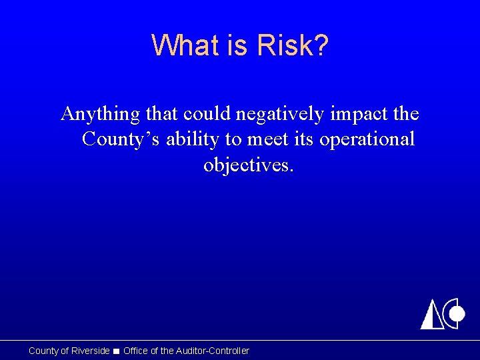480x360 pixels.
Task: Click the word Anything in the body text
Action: point(101,115)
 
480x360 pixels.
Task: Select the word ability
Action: point(190,139)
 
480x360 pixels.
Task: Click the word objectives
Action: point(248,165)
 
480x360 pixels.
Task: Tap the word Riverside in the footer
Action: point(90,351)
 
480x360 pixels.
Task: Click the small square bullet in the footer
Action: point(117,351)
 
